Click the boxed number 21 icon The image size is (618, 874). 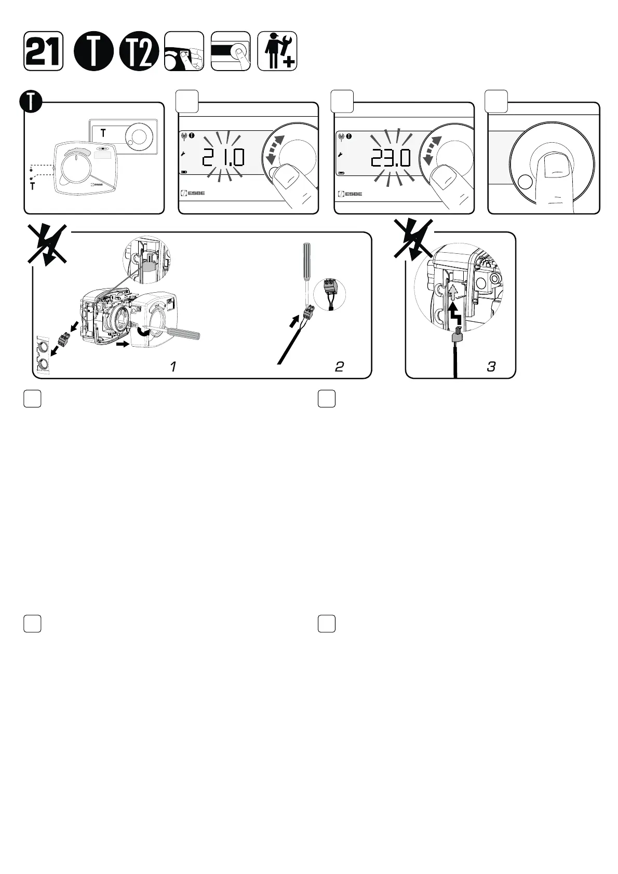pos(44,51)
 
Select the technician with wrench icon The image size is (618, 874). pos(277,51)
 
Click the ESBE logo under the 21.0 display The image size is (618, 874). pos(193,194)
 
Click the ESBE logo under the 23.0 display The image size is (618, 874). pos(350,194)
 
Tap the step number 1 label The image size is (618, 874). pos(173,366)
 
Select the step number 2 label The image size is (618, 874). pos(339,366)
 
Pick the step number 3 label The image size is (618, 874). pos(491,366)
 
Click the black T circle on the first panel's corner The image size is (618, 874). pos(32,102)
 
